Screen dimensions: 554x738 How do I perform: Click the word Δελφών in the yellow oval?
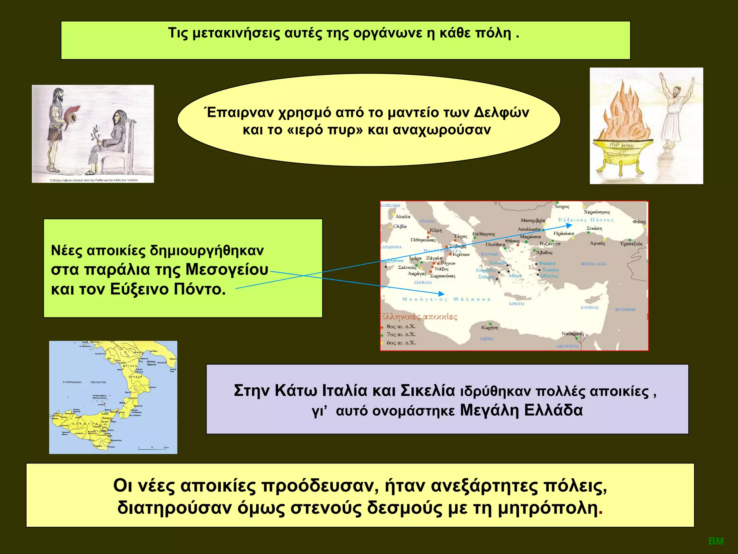point(501,113)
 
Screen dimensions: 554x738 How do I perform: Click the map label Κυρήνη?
point(490,327)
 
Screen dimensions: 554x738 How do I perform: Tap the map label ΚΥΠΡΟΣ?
point(590,308)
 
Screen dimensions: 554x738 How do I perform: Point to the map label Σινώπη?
point(594,228)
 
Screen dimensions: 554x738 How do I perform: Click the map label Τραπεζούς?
point(631,244)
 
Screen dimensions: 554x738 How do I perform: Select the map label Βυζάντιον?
point(550,244)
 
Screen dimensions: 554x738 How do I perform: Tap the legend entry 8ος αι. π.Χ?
point(401,326)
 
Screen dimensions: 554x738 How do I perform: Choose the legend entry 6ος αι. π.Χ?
point(401,343)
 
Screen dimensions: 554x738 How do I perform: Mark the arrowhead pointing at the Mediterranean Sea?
point(441,294)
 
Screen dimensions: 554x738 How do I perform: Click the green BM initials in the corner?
point(716,541)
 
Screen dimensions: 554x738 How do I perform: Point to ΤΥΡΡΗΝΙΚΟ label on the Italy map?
point(72,382)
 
